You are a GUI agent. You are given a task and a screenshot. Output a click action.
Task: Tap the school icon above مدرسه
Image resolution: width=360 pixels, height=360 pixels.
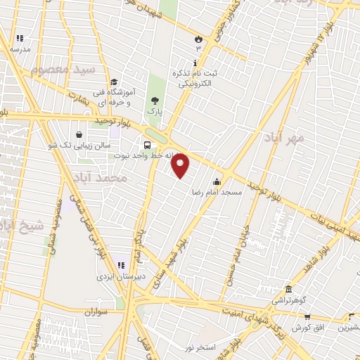coord(20,38)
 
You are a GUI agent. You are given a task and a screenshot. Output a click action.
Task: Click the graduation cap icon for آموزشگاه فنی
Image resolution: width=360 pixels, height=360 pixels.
coord(114,82)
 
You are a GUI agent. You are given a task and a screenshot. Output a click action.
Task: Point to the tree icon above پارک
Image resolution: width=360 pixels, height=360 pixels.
coord(155,100)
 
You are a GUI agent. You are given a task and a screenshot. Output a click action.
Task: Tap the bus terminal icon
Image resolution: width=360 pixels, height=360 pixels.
coord(147,137)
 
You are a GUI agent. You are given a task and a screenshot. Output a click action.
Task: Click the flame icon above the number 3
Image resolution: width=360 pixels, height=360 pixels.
coord(198,39)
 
